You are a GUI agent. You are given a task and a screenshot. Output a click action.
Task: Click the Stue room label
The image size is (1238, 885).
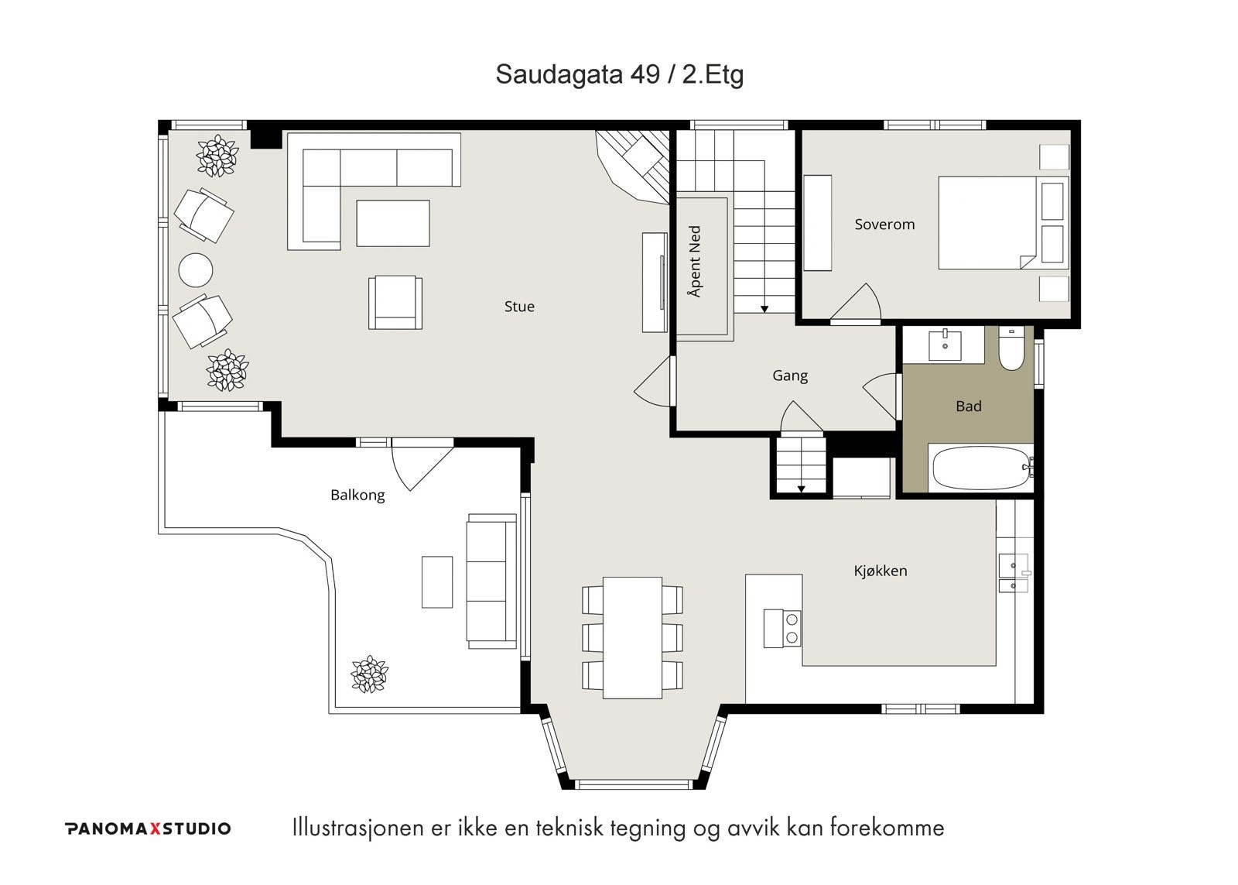tap(519, 307)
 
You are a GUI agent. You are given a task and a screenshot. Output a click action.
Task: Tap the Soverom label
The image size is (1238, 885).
tap(884, 225)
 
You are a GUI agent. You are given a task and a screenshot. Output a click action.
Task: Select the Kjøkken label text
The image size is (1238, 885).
tap(881, 571)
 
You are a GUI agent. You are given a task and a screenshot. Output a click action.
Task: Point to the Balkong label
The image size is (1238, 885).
tap(357, 495)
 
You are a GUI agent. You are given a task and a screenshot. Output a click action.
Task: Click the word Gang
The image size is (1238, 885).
tap(790, 376)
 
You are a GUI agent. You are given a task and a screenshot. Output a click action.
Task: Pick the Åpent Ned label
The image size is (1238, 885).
tap(695, 261)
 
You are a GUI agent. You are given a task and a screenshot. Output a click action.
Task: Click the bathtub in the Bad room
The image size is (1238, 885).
tap(982, 468)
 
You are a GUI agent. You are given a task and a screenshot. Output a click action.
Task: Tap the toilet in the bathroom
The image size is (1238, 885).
tap(1011, 348)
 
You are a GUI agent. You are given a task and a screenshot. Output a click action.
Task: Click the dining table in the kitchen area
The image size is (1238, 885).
tap(632, 638)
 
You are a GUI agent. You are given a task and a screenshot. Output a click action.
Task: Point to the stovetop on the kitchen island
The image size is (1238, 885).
tap(782, 629)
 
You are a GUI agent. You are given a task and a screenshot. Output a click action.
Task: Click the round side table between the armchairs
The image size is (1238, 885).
tap(196, 270)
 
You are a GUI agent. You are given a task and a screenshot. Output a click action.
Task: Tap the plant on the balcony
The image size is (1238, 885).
tap(370, 674)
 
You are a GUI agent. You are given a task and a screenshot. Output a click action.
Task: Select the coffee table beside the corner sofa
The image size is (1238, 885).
tap(393, 224)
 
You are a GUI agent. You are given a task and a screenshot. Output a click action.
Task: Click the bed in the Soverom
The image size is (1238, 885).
tap(1003, 223)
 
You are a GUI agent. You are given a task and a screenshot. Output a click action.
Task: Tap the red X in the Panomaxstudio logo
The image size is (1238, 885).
tap(156, 828)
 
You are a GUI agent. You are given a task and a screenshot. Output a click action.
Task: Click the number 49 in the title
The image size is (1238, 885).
tap(645, 74)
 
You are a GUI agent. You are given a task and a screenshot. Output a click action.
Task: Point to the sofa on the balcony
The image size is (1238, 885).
tap(492, 581)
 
